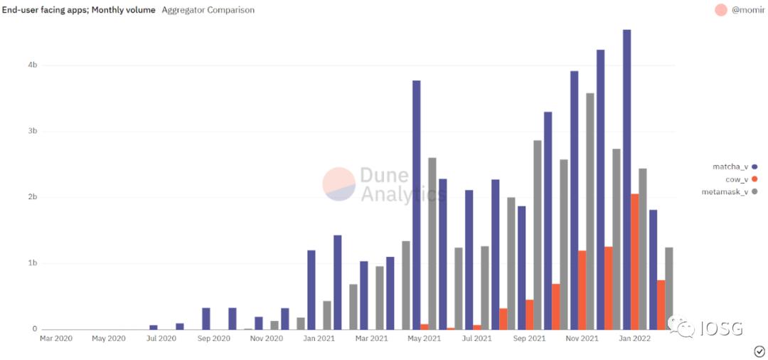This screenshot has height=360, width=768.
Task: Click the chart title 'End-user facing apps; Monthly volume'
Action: click(78, 10)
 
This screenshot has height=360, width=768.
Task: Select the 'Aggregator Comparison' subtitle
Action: click(208, 10)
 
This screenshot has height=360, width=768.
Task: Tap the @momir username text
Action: click(749, 10)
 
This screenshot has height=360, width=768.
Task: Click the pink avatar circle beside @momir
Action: click(720, 10)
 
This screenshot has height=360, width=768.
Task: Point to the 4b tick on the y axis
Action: click(33, 65)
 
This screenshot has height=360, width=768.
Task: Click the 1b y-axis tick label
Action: click(33, 263)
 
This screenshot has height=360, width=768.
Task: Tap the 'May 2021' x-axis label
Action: click(424, 339)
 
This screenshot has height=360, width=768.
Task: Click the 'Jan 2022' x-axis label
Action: click(634, 339)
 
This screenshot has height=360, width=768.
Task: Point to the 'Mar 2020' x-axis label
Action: click(56, 339)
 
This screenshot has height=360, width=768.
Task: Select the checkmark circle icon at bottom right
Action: click(759, 351)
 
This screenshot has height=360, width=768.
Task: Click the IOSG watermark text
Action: click(721, 328)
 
